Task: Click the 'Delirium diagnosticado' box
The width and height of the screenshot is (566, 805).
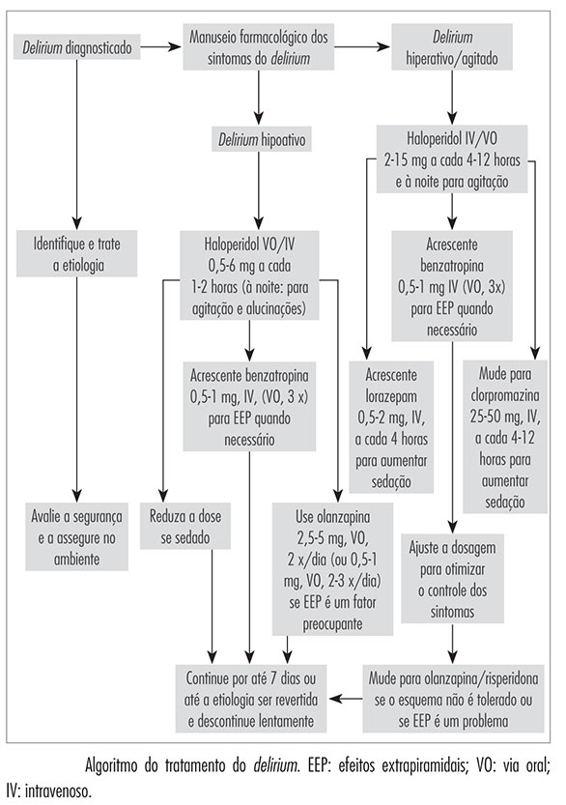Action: point(77,47)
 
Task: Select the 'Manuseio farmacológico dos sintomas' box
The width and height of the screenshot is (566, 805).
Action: point(259,46)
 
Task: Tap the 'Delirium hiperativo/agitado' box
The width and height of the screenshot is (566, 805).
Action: point(452,46)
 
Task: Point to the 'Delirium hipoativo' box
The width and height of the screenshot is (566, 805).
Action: point(262,139)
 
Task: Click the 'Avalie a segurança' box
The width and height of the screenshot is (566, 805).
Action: point(77,537)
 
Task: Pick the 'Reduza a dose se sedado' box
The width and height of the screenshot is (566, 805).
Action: point(185,527)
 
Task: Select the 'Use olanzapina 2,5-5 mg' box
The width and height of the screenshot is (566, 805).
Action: point(332,569)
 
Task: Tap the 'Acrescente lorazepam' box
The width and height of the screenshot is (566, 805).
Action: point(391,427)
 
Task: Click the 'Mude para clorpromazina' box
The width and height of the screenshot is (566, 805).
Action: point(505,437)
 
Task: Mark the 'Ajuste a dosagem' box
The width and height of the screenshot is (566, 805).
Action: point(453,579)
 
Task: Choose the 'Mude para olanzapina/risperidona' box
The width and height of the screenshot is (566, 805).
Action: point(453,699)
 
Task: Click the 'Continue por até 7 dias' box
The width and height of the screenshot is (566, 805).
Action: point(251,699)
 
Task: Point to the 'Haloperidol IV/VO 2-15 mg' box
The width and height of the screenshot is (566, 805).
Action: point(452,159)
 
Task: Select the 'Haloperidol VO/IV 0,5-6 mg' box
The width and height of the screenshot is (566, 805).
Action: point(249,275)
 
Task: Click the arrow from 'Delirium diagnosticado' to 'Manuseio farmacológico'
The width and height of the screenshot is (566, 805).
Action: point(161,47)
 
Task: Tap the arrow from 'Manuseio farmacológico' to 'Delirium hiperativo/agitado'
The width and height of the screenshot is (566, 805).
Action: point(362,47)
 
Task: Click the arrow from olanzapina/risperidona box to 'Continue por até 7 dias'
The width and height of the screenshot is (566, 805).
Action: point(345,699)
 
